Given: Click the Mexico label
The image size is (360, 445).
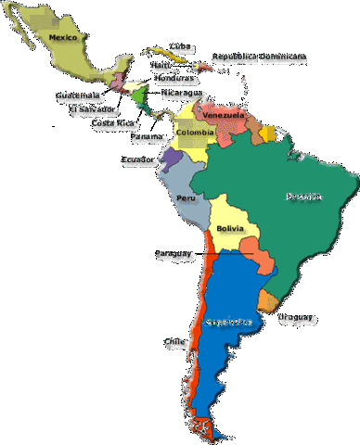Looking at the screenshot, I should point(61,38).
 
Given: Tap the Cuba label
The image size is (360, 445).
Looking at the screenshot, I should point(180,46).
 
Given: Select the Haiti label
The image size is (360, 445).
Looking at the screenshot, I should point(161,65).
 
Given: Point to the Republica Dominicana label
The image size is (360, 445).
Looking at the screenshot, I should point(259,57).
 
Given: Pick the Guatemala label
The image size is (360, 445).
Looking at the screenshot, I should point(76,95).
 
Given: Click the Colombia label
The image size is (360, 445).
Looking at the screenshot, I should point(195,132).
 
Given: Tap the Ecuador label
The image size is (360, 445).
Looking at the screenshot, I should point(136,159).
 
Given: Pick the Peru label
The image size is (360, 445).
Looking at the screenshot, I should point(186,197).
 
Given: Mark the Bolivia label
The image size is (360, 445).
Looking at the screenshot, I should point(230,228).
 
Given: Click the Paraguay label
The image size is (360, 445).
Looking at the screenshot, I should point(173,252).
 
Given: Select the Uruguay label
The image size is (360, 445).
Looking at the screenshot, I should point(294,318).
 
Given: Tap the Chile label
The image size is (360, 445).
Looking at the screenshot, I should point(174,341).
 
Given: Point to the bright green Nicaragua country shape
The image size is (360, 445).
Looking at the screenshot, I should point(139,95).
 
